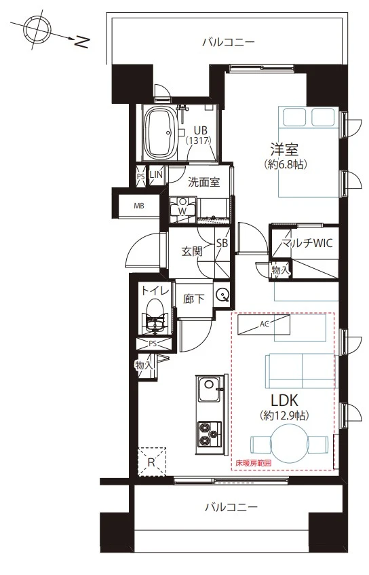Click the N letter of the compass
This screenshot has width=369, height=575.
[x=82, y=42]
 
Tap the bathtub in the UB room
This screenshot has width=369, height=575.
[x=161, y=133]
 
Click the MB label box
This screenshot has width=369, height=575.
[x=139, y=206]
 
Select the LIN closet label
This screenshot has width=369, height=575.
[x=156, y=174]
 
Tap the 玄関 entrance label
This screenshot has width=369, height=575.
[x=192, y=251]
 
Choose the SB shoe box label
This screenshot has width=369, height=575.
[x=222, y=243]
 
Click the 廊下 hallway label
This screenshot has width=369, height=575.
[x=193, y=299]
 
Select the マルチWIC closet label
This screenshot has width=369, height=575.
[x=307, y=243]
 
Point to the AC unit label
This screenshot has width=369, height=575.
[x=264, y=324]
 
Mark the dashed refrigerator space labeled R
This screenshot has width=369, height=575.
[x=152, y=462]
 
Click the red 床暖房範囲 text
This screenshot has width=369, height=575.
[x=254, y=463]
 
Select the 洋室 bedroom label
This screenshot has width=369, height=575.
[x=284, y=149]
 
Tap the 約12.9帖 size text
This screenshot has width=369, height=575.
[x=284, y=415]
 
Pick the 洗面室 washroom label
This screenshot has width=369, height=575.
[x=203, y=181]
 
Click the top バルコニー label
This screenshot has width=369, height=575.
[x=229, y=42]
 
